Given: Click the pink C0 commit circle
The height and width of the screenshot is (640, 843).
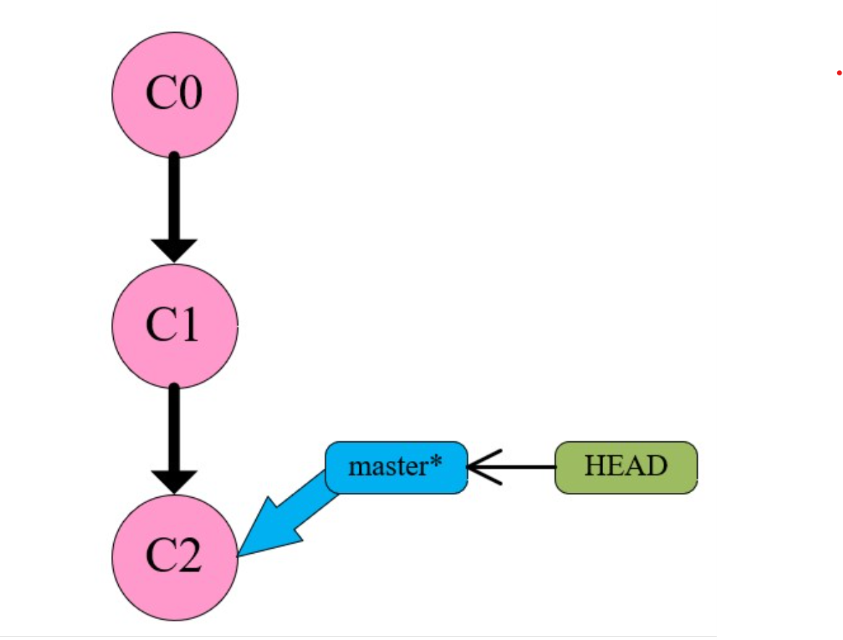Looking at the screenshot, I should click(175, 93).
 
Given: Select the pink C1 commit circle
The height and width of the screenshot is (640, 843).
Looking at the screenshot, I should click(175, 326).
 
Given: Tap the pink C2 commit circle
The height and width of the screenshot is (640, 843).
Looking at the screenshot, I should click(175, 557).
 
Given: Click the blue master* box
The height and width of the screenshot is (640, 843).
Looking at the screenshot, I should click(395, 467).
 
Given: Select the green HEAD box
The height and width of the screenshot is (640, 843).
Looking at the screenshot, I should click(626, 467).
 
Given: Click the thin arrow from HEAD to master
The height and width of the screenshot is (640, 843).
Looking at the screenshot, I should click(515, 467).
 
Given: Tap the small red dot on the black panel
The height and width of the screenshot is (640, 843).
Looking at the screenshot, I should click(839, 73).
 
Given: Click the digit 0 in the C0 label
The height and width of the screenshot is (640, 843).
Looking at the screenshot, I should click(189, 93).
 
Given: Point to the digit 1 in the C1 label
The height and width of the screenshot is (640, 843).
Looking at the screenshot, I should click(188, 326).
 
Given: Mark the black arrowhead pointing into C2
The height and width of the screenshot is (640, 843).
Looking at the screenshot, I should click(174, 481).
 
